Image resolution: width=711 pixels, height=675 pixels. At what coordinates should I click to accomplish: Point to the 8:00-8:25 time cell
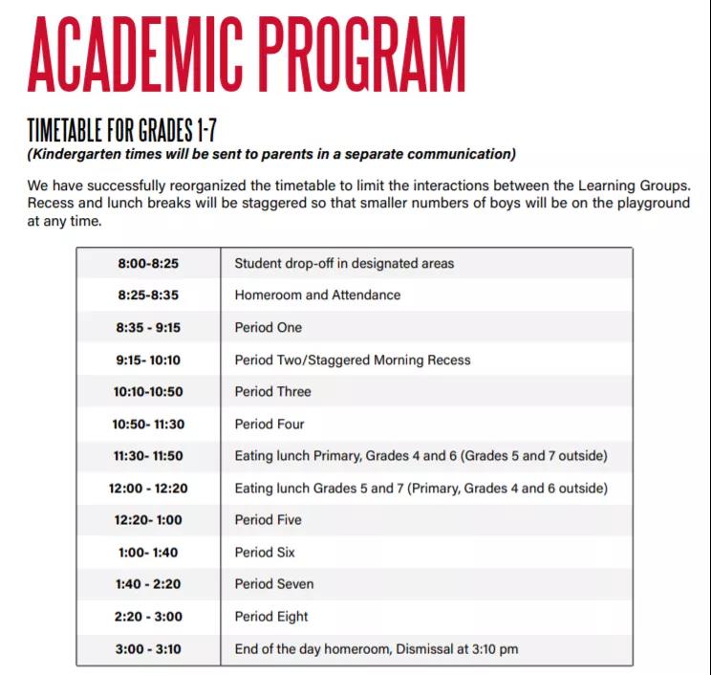point(147,263)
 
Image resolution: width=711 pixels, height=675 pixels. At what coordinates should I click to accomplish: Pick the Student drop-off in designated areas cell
point(344,263)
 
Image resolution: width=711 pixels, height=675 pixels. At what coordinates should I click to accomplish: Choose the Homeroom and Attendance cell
point(317,295)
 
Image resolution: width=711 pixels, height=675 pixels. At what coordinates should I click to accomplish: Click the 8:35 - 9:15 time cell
point(147,327)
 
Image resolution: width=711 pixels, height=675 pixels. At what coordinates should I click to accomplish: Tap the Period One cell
point(268,327)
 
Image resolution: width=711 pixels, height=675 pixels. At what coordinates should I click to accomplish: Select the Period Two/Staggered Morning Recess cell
point(353,359)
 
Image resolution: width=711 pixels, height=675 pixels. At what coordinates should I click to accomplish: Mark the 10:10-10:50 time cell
point(147,392)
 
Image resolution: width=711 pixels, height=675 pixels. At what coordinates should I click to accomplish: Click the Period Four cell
point(269,424)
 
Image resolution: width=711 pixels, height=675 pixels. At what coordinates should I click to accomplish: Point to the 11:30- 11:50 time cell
point(147,456)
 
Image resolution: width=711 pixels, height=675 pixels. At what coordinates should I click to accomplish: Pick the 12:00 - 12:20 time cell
point(147,489)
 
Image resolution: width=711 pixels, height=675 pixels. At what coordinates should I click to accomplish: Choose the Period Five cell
point(268,520)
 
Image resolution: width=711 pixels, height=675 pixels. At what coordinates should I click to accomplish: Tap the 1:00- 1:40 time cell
point(147,553)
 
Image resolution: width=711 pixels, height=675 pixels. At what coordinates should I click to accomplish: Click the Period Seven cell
point(274,584)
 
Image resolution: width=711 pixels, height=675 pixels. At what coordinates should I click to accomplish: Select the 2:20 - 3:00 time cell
point(147,617)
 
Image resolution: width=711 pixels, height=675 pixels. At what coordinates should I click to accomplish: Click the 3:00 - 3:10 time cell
point(147,649)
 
